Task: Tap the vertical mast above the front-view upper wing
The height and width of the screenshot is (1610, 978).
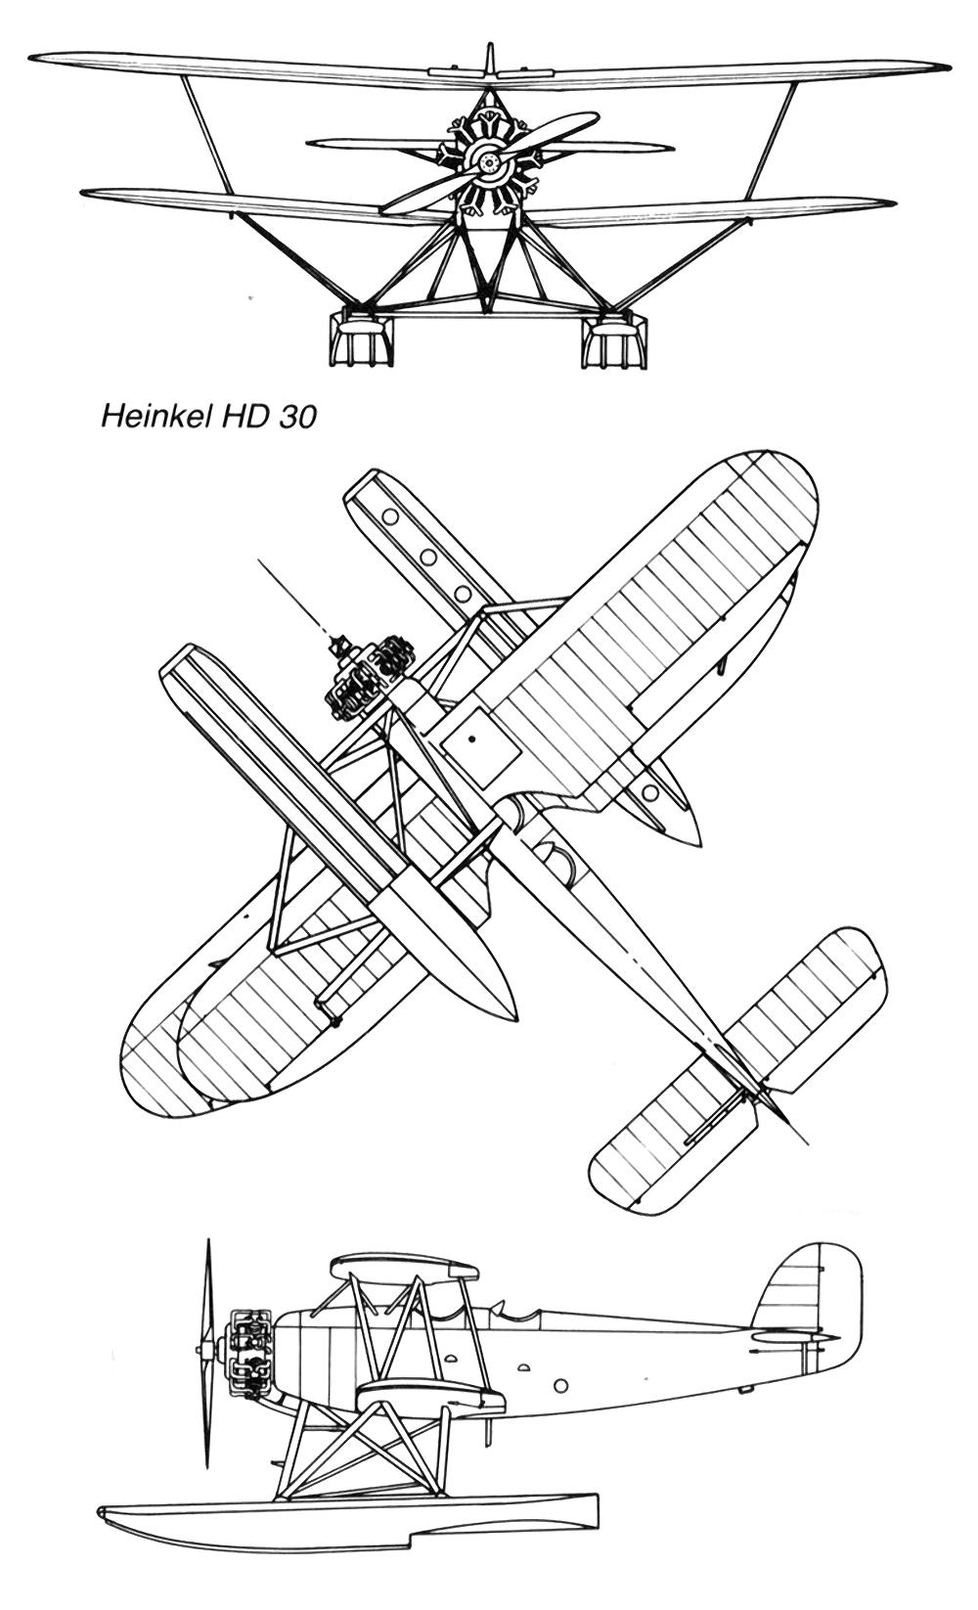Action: point(489,59)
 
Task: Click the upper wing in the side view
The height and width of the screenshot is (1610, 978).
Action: point(405,1267)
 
